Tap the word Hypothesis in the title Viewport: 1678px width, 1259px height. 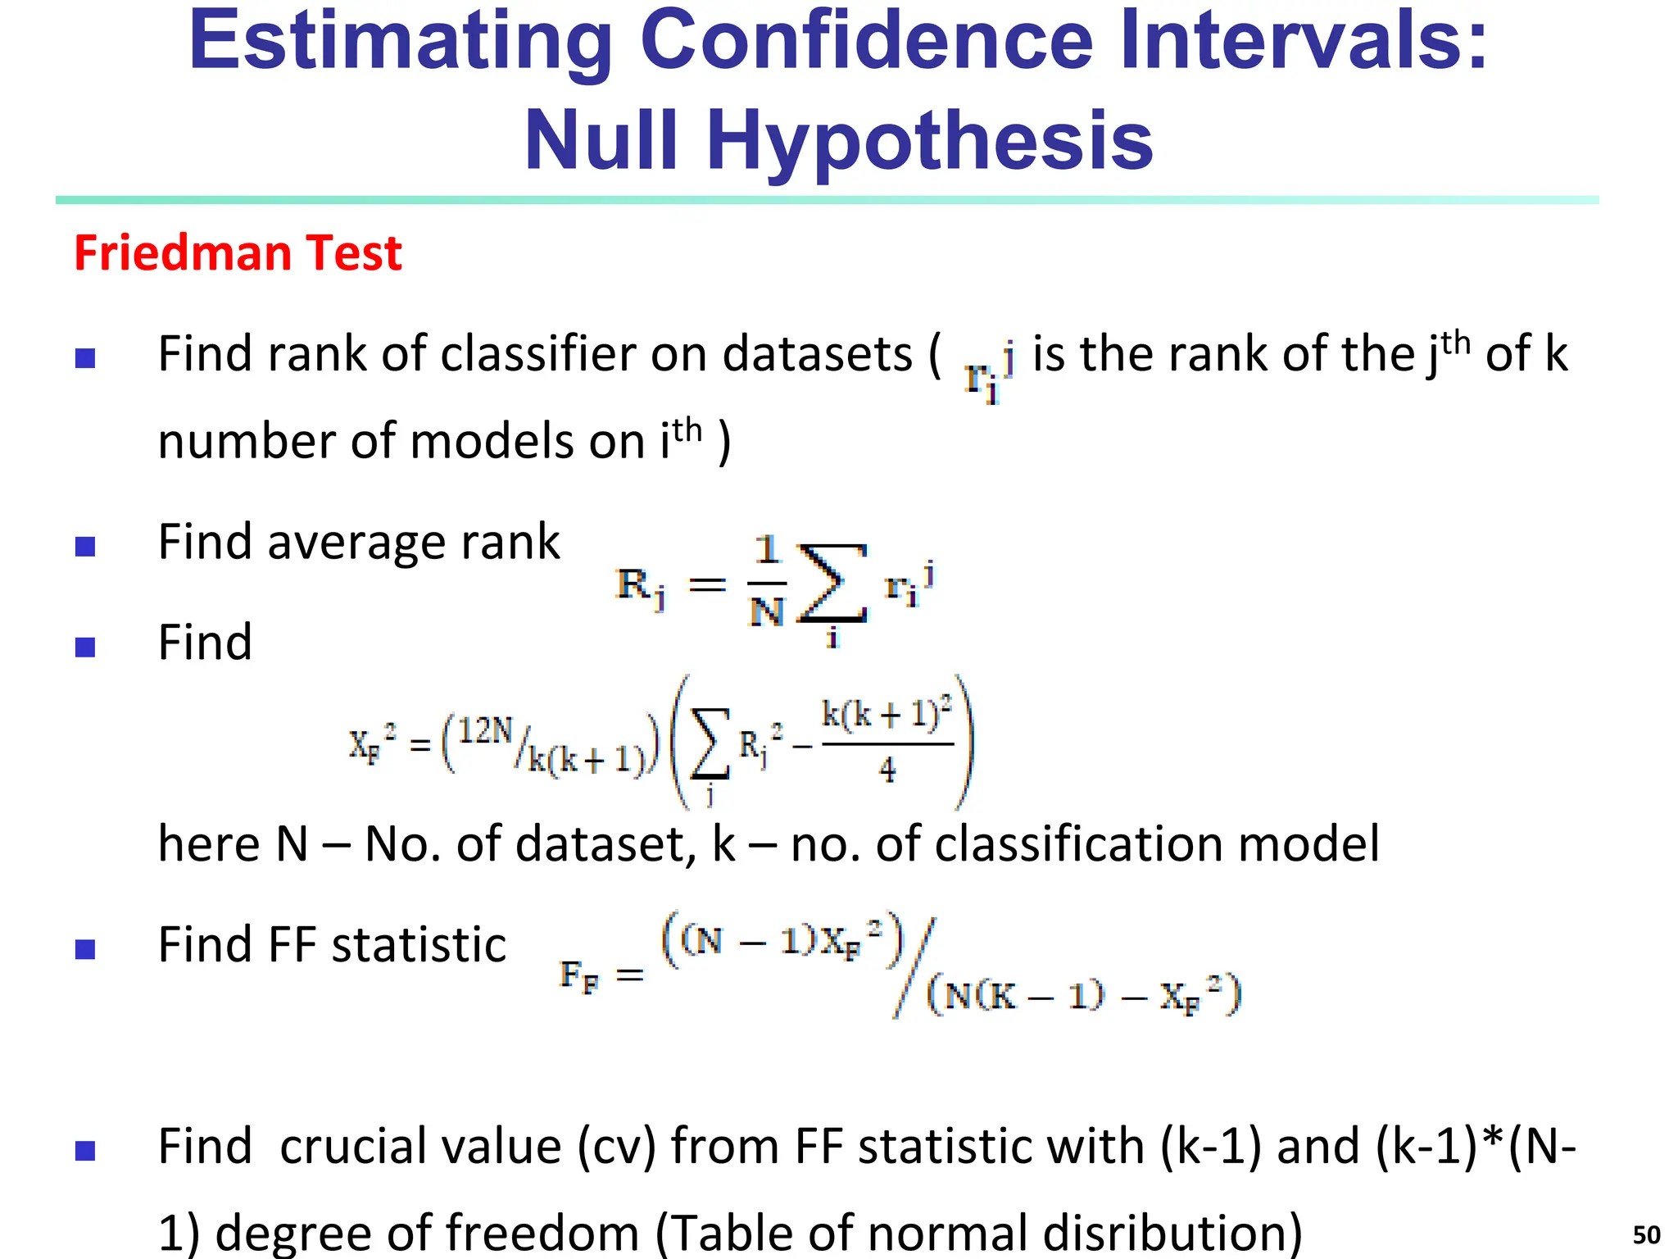tap(929, 142)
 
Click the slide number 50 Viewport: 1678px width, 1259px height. tap(1646, 1234)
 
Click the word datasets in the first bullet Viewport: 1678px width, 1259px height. tap(817, 355)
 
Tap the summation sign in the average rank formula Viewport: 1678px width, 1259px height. tap(832, 584)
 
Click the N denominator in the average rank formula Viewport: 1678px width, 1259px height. tap(767, 611)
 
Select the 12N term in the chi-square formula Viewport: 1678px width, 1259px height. tap(485, 730)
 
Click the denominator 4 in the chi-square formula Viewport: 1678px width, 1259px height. tap(887, 770)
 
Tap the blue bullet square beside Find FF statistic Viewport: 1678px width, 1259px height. tap(85, 949)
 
